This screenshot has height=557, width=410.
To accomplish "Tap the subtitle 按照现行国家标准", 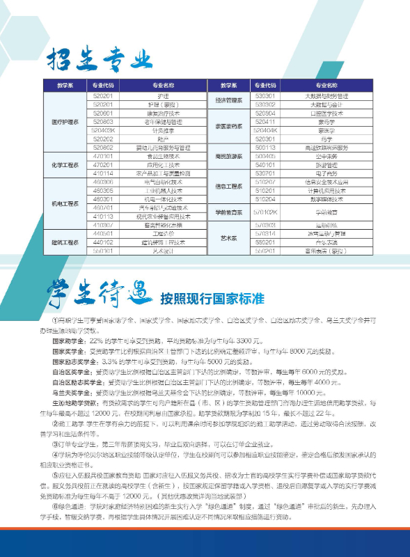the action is coord(212,299).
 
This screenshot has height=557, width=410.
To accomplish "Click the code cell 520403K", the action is coord(103,130).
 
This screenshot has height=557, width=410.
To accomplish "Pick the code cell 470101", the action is coord(103,156).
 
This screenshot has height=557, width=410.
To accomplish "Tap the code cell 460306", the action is coord(103,190).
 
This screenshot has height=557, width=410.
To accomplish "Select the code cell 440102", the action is coord(103,242).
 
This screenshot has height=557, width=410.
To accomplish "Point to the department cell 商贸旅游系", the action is coord(229,156).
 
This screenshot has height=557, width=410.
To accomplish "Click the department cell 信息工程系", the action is coord(229,186).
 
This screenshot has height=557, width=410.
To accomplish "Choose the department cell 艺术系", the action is coord(229,238).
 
